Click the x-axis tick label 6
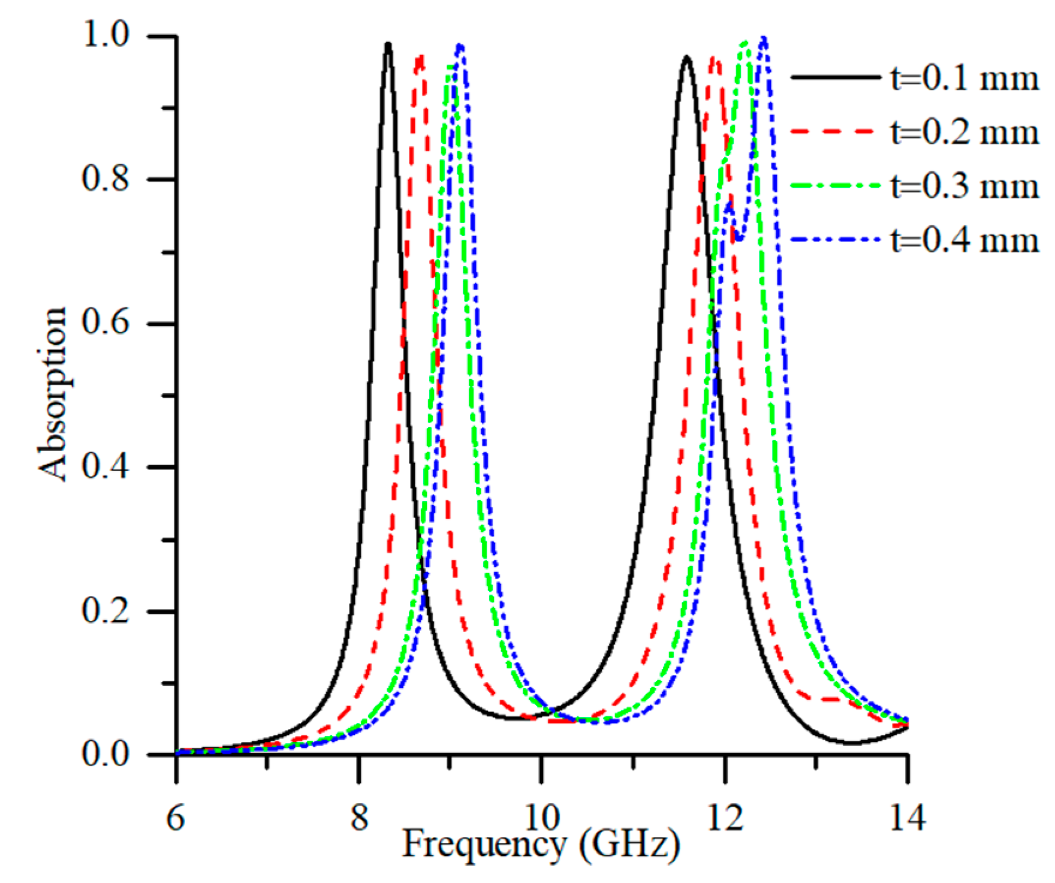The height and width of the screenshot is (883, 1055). coord(176,818)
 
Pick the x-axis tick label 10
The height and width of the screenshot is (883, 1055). coord(541,818)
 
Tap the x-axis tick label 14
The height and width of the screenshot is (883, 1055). coord(906,818)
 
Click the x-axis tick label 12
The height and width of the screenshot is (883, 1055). coord(724,818)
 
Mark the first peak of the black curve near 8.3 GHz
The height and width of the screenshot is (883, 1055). coord(388,44)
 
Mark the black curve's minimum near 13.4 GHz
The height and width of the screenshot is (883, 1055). coord(851,743)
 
